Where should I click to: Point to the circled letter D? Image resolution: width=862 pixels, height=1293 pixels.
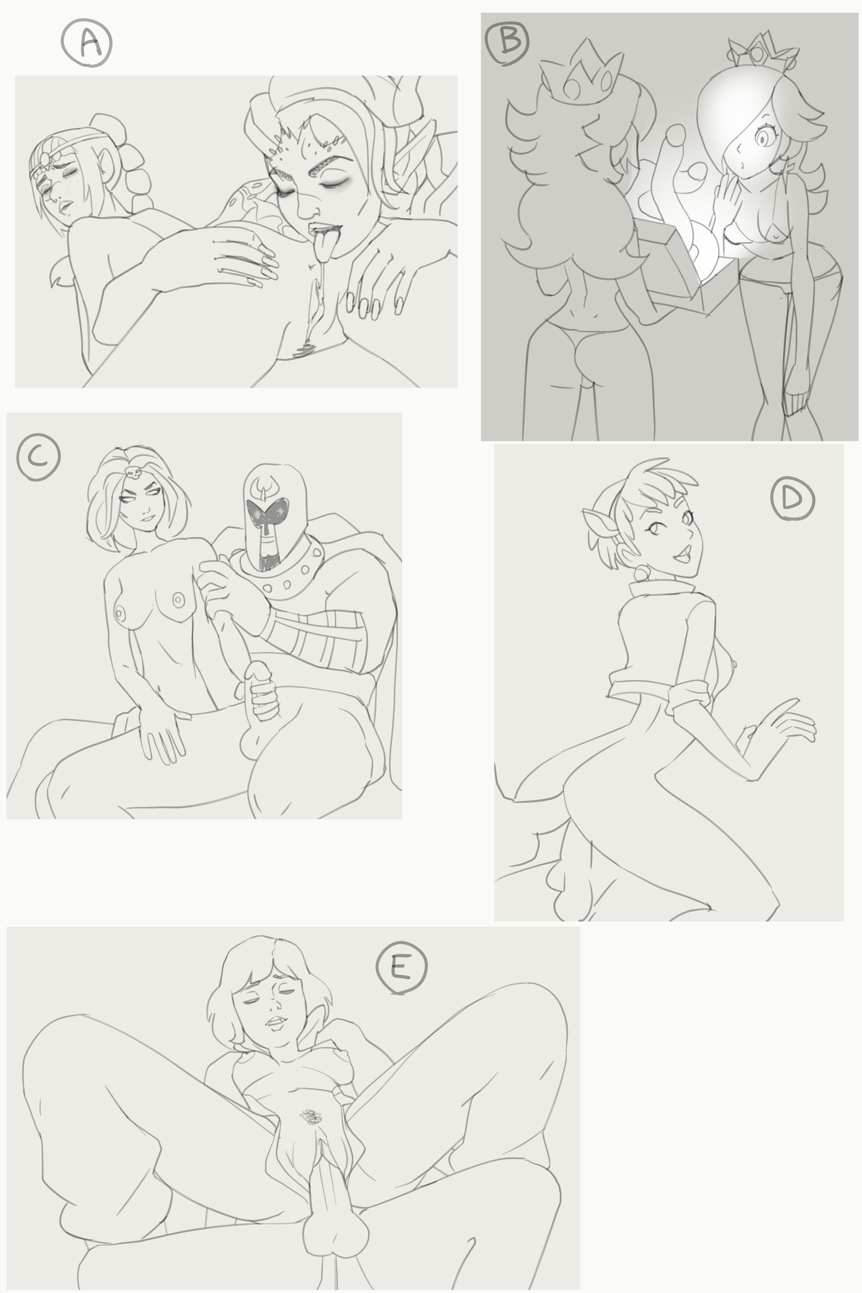(x=792, y=498)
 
